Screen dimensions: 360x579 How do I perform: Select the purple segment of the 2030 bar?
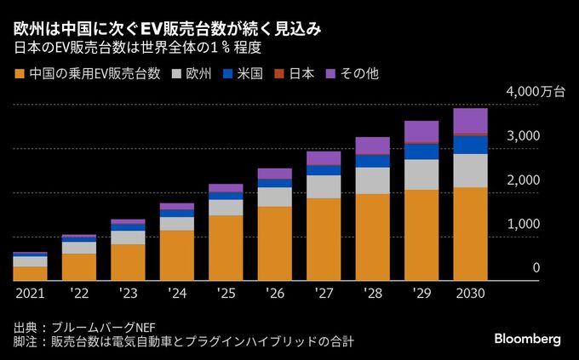(470, 121)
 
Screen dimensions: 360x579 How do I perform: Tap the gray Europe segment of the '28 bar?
(372, 180)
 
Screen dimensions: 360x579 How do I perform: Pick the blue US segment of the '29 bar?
(421, 151)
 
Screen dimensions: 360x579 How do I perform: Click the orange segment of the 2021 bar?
(30, 272)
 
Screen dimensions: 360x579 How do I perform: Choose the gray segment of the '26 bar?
(274, 197)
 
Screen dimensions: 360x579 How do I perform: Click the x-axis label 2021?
(30, 294)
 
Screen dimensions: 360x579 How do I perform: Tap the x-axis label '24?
(176, 294)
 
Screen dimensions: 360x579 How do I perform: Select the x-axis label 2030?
(470, 294)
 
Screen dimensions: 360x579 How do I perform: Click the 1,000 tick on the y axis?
(525, 224)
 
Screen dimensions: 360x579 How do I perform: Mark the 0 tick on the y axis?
(536, 268)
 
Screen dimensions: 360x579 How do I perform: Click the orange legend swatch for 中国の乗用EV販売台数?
(20, 74)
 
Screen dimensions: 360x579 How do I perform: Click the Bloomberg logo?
(527, 339)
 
